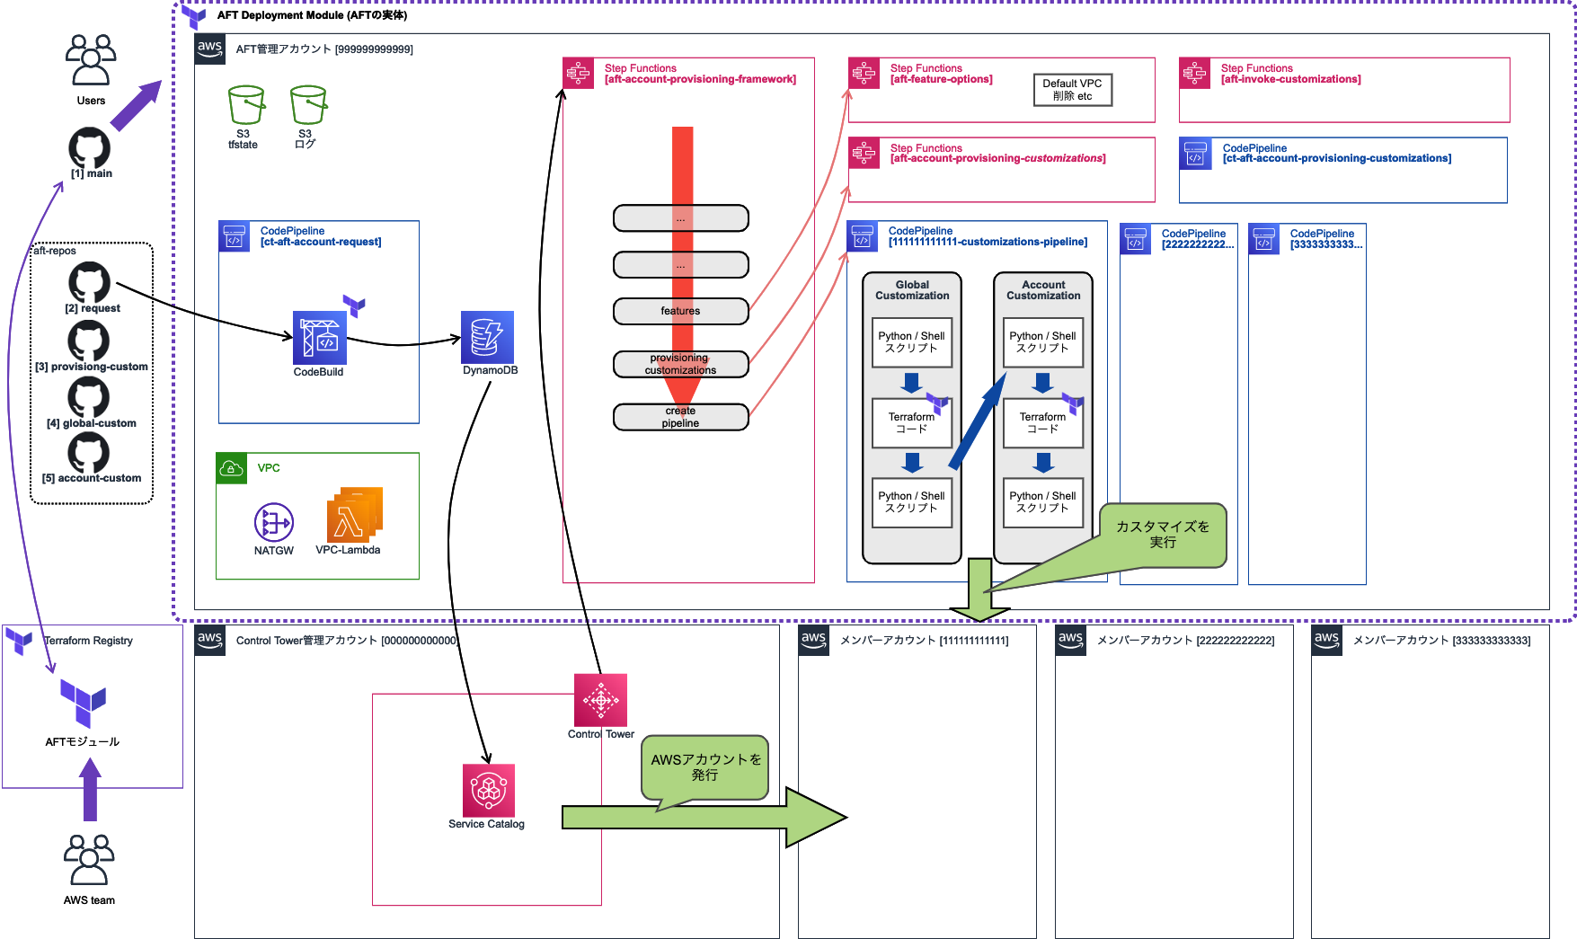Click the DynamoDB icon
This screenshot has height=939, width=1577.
coord(487,337)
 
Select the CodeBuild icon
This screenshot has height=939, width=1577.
coord(319,337)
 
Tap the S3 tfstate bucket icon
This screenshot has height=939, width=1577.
coord(245,106)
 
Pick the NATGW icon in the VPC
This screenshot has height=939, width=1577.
coord(274,522)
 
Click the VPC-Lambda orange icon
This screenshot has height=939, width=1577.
coord(354,515)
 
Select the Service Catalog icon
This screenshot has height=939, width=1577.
coord(489,790)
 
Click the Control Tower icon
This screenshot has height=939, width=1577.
coord(600,700)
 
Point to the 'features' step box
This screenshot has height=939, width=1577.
coord(680,311)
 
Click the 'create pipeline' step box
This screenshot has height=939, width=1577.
coord(680,417)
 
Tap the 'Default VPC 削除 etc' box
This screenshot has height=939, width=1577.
coord(1072,90)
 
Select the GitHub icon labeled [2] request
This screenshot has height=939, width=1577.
coord(90,282)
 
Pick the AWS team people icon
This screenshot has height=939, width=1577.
coord(89,861)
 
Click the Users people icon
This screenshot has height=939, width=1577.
coord(91,60)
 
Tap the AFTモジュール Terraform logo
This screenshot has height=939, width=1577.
coord(83,703)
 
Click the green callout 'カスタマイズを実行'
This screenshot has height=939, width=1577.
coord(1163,535)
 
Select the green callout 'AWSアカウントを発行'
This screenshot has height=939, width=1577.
coord(705,767)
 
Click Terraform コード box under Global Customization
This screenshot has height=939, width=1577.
coord(911,423)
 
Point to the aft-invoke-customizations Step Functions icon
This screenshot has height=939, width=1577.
coord(1194,74)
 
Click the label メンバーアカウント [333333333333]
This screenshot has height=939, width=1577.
coord(1441,641)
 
